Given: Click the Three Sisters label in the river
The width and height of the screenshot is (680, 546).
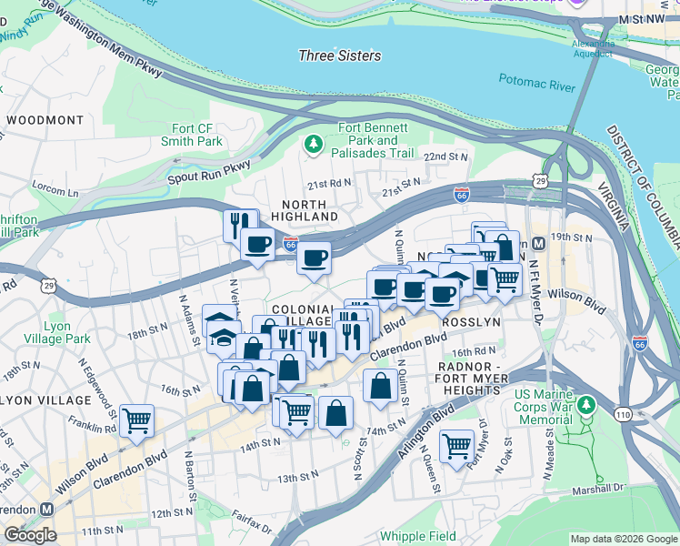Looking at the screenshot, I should pyautogui.click(x=339, y=56).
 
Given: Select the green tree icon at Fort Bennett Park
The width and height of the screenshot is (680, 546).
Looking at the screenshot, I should pyautogui.click(x=313, y=144).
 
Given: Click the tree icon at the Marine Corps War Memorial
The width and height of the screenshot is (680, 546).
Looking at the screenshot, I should pyautogui.click(x=586, y=403).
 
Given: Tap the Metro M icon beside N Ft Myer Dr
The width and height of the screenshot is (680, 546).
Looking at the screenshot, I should pyautogui.click(x=537, y=243).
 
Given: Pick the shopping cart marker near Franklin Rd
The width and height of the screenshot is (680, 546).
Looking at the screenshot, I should pyautogui.click(x=136, y=420).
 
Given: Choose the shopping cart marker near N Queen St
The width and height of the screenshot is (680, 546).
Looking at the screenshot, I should pyautogui.click(x=455, y=446).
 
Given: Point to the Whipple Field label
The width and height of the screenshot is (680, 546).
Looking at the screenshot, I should pyautogui.click(x=414, y=536).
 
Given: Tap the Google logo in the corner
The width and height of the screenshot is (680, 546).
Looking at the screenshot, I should pyautogui.click(x=30, y=535).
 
